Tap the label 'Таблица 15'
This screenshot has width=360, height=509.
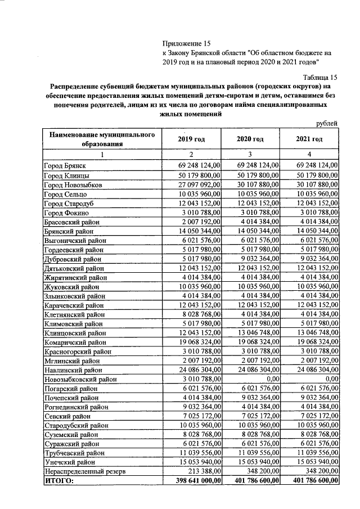[x=319, y=78]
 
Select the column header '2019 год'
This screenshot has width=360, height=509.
[x=191, y=139]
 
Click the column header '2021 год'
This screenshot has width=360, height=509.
[x=309, y=139]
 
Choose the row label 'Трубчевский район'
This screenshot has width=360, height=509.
[x=74, y=452]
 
